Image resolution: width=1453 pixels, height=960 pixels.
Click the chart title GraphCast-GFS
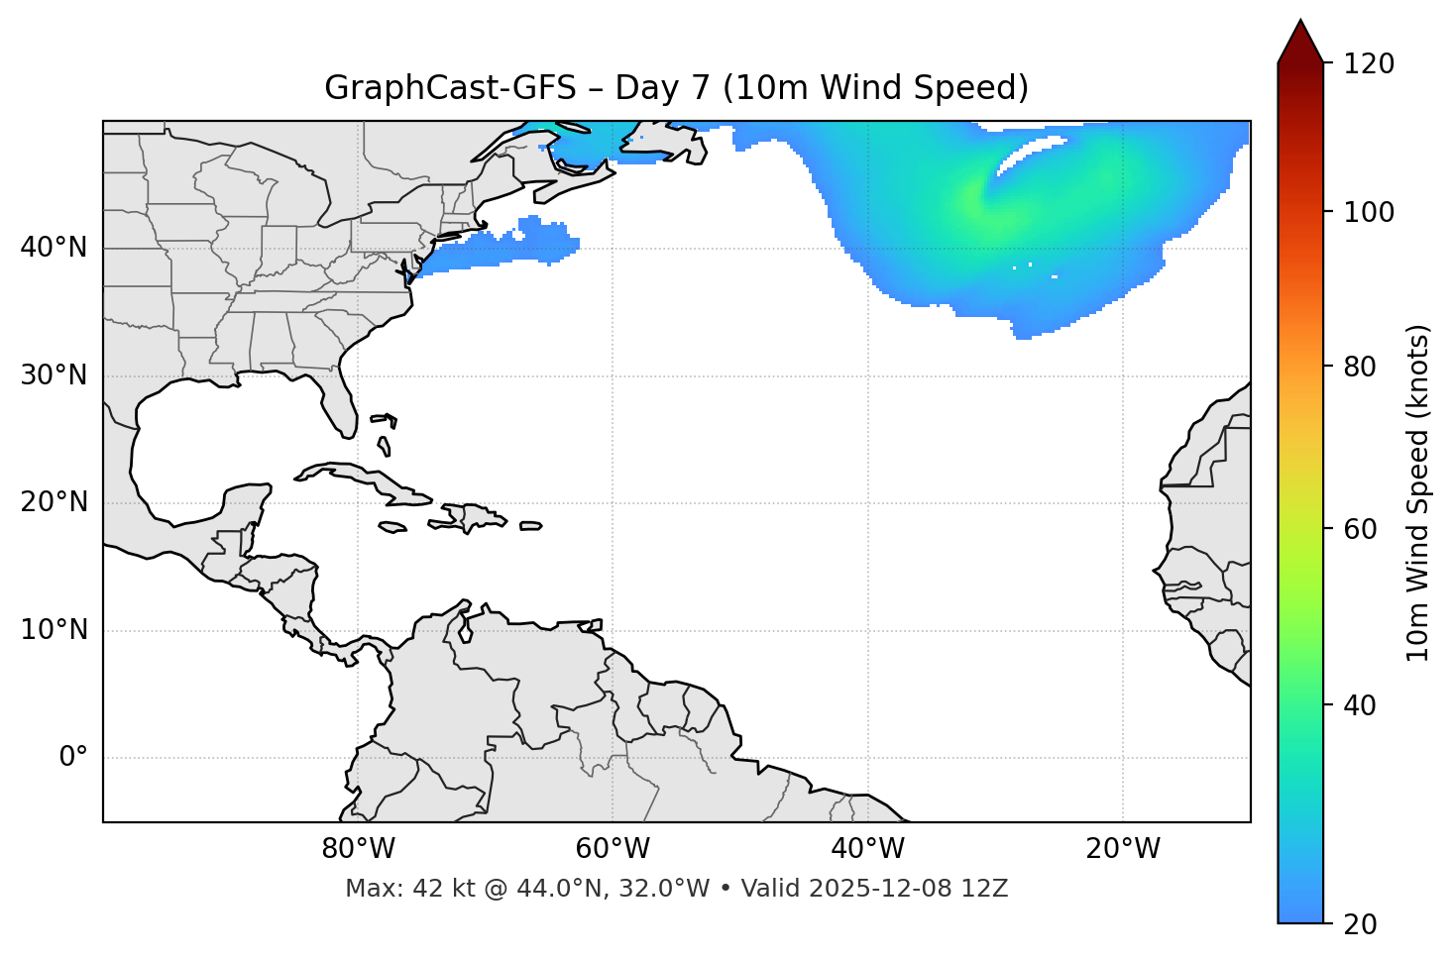click(x=450, y=88)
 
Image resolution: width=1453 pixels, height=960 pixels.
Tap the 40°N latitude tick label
click(x=54, y=248)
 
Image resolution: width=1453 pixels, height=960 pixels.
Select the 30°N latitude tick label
click(x=54, y=375)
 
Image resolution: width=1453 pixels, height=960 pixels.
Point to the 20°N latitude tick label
click(x=54, y=502)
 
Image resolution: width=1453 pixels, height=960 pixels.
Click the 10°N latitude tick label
click(x=54, y=630)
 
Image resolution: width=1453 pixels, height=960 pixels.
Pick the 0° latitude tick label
click(x=73, y=758)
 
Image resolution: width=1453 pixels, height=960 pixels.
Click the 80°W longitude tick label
click(x=358, y=849)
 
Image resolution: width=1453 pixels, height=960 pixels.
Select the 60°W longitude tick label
click(x=613, y=849)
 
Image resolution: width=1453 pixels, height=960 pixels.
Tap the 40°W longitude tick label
click(x=867, y=849)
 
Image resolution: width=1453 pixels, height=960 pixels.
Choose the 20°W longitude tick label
click(x=1122, y=849)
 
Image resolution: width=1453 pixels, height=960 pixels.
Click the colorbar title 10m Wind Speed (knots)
click(x=1418, y=492)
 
